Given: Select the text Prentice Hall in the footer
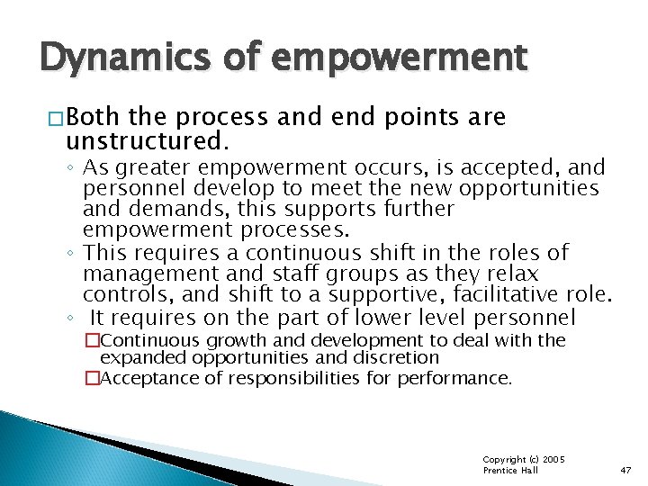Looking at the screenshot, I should pyautogui.click(x=511, y=471).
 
